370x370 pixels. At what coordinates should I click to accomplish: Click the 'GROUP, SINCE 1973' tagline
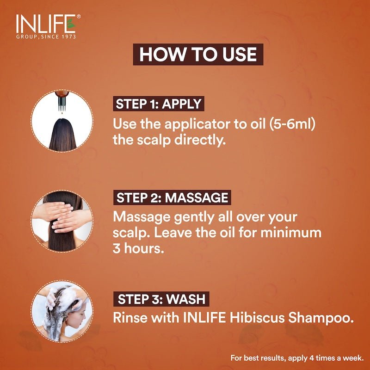(x=46, y=37)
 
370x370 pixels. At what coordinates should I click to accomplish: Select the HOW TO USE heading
(x=197, y=55)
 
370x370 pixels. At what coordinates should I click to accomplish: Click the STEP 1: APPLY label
(x=158, y=104)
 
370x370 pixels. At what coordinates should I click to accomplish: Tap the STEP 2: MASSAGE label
(x=172, y=198)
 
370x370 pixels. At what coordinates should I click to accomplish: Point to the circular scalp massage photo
(x=62, y=221)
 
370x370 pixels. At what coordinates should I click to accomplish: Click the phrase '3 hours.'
(x=138, y=248)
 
